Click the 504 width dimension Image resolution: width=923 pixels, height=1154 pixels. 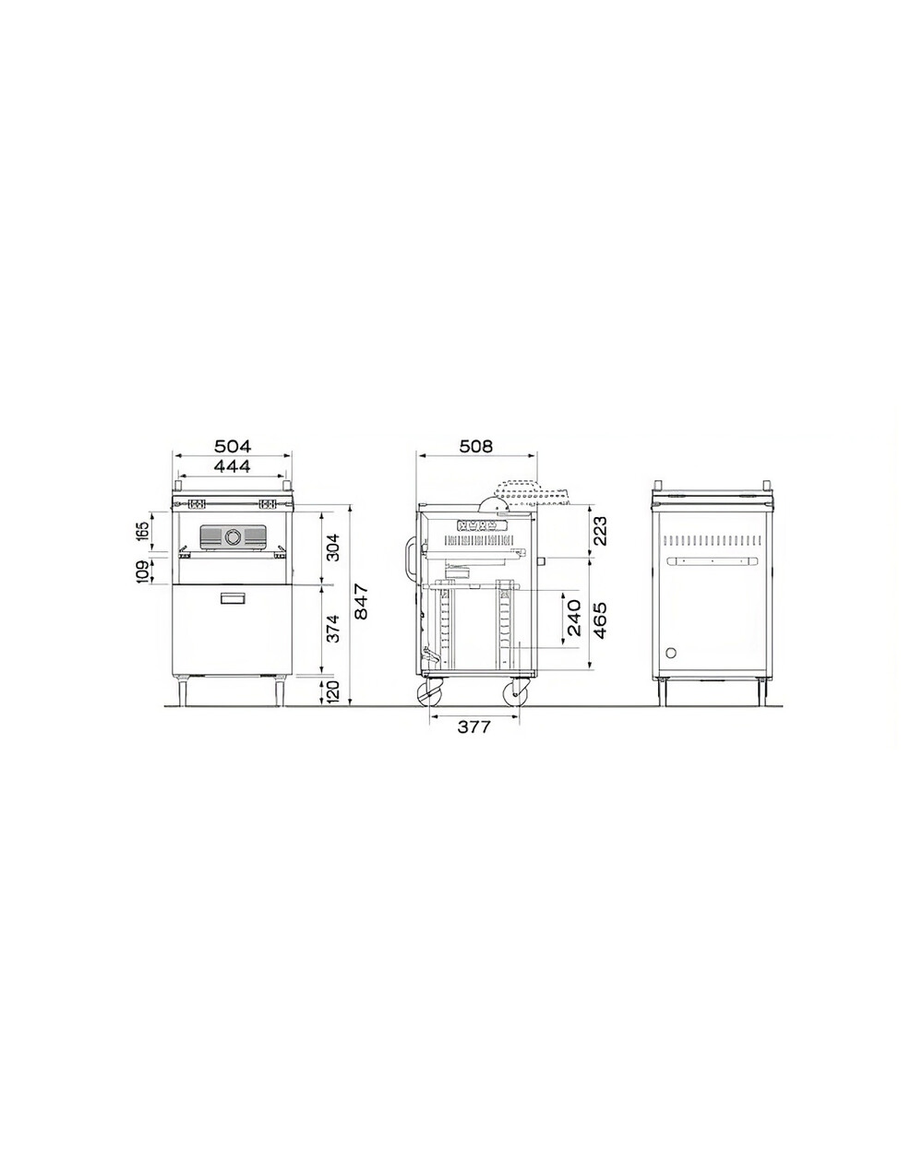pos(233,446)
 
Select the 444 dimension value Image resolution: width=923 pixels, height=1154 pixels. pos(233,466)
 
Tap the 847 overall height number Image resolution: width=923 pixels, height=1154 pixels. pos(363,602)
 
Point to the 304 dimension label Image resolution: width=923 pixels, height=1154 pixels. pos(333,547)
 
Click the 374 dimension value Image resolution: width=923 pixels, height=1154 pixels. pos(333,629)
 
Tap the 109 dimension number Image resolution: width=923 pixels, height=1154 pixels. pos(144,571)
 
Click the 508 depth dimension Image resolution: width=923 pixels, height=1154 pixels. pos(476,446)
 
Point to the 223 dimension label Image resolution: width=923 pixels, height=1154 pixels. pos(601,531)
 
